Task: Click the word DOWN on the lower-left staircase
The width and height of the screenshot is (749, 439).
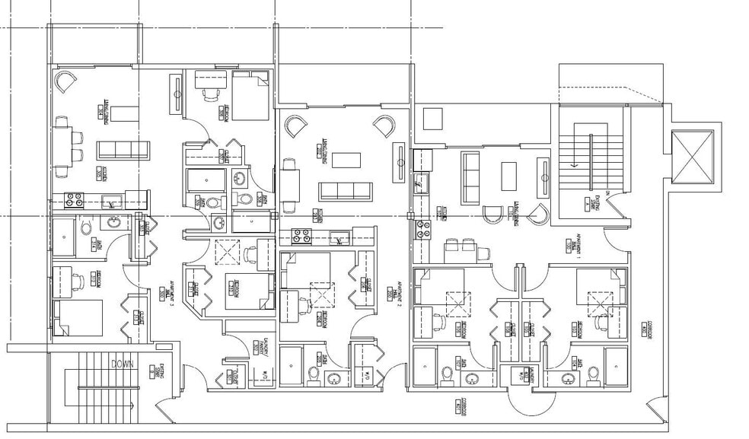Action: click(x=123, y=364)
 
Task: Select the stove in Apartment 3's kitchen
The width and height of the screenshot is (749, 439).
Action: click(x=74, y=201)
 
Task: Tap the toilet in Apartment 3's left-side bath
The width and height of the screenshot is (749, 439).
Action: click(x=86, y=227)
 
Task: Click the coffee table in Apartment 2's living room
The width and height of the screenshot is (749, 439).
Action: click(x=346, y=161)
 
